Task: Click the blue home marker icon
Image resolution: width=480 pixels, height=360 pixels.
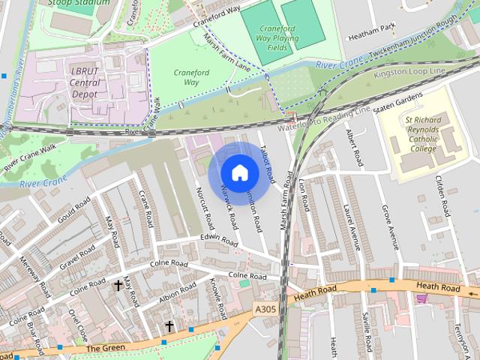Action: pyautogui.click(x=239, y=172)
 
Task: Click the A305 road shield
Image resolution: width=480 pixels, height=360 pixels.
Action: pyautogui.click(x=265, y=308)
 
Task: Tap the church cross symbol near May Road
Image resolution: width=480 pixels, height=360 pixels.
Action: pyautogui.click(x=118, y=286)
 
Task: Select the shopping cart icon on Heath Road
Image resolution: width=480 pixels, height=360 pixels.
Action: pyautogui.click(x=421, y=298)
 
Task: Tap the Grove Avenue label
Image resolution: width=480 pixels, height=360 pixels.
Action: pyautogui.click(x=389, y=227)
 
